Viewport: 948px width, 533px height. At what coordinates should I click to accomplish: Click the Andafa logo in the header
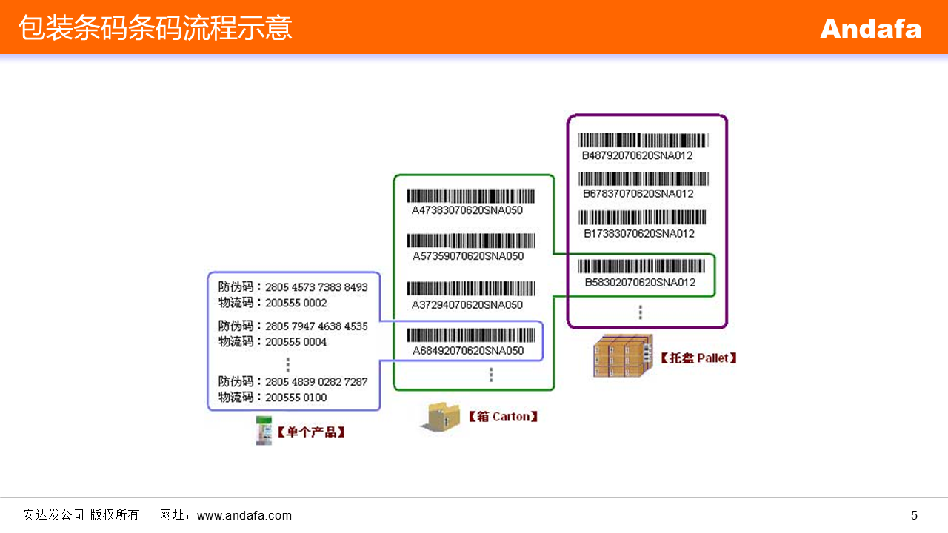click(870, 29)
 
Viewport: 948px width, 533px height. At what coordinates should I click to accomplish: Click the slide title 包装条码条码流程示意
click(156, 28)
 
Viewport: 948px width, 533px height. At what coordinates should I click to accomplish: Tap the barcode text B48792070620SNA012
click(638, 155)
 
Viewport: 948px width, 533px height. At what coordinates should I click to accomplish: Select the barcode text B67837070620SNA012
click(638, 194)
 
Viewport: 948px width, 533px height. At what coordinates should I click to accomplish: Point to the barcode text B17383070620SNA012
click(638, 234)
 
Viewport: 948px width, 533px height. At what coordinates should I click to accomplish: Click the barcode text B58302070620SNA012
click(640, 282)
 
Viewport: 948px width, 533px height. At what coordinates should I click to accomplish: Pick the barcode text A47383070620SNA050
click(467, 210)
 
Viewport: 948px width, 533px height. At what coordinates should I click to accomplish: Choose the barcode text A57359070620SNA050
click(467, 256)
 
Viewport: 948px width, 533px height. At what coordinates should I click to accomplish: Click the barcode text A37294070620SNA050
click(467, 304)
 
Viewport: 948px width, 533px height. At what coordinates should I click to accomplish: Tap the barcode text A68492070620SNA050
click(467, 350)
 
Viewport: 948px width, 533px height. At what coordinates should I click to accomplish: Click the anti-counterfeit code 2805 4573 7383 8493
click(316, 287)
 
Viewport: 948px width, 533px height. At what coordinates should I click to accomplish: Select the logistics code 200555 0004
click(296, 342)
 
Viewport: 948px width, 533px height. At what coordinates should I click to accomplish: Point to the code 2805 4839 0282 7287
click(316, 382)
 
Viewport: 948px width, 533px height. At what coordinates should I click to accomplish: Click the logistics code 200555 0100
click(296, 398)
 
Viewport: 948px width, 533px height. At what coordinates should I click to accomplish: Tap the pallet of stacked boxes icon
click(623, 356)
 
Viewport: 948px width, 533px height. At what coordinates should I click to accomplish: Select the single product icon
click(263, 430)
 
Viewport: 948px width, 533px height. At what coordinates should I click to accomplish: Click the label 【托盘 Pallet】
click(698, 358)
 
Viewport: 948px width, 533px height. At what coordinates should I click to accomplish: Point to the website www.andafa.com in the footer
click(244, 515)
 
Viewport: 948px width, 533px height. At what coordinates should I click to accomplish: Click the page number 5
click(914, 515)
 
